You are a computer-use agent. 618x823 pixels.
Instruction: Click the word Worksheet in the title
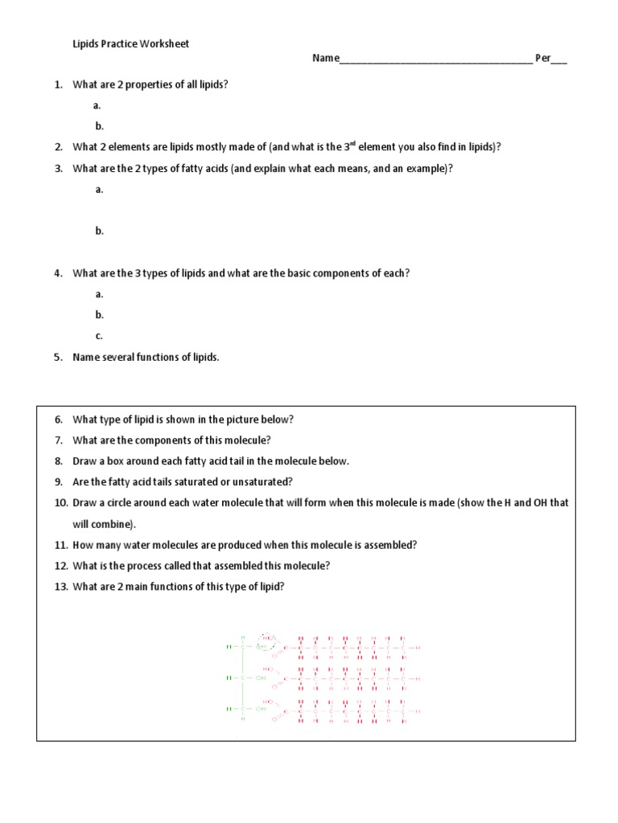tap(165, 44)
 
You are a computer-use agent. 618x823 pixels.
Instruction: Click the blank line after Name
tap(435, 59)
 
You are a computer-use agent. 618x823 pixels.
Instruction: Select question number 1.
tap(58, 84)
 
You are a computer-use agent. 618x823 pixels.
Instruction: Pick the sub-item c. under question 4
tap(99, 336)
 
